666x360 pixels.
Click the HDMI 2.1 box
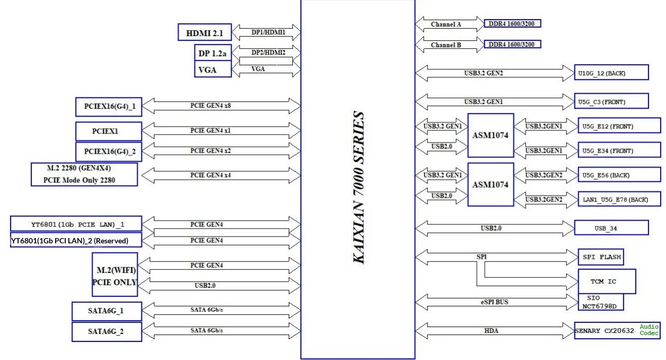coord(205,33)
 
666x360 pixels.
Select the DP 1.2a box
coord(212,53)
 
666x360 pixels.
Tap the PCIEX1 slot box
coord(109,131)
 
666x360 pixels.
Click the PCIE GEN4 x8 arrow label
coord(210,106)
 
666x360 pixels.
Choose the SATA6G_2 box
coord(106,332)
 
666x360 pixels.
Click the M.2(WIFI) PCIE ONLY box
coord(114,276)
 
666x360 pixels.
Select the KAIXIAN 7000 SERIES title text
coord(359,188)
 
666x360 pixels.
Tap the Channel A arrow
coord(446,24)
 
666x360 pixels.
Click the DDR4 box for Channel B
coord(512,44)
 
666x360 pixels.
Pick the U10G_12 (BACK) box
coord(611,73)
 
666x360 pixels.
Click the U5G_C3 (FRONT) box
coord(611,101)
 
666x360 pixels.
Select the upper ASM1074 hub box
coord(490,135)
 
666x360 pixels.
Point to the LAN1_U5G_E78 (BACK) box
coord(618,199)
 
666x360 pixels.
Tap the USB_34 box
coord(611,229)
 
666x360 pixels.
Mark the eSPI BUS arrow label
coord(494,302)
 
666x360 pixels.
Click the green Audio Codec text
coord(649,330)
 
